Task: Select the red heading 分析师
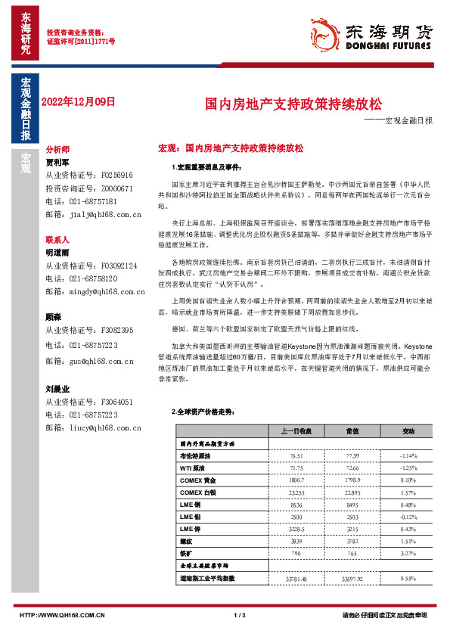tap(57, 151)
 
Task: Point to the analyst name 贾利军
tap(57, 162)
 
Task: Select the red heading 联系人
tap(57, 239)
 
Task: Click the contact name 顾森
tap(54, 318)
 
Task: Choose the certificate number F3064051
tap(118, 402)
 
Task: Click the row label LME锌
tap(189, 529)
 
